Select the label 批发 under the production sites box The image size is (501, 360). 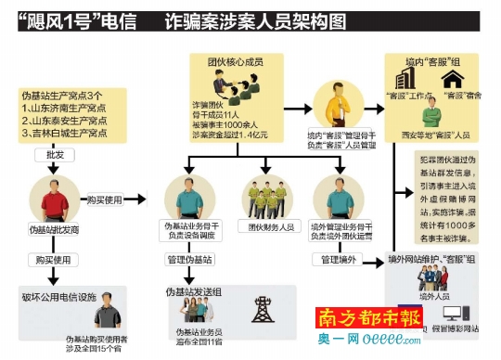click(x=54, y=155)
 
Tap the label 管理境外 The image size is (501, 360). click(x=340, y=259)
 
